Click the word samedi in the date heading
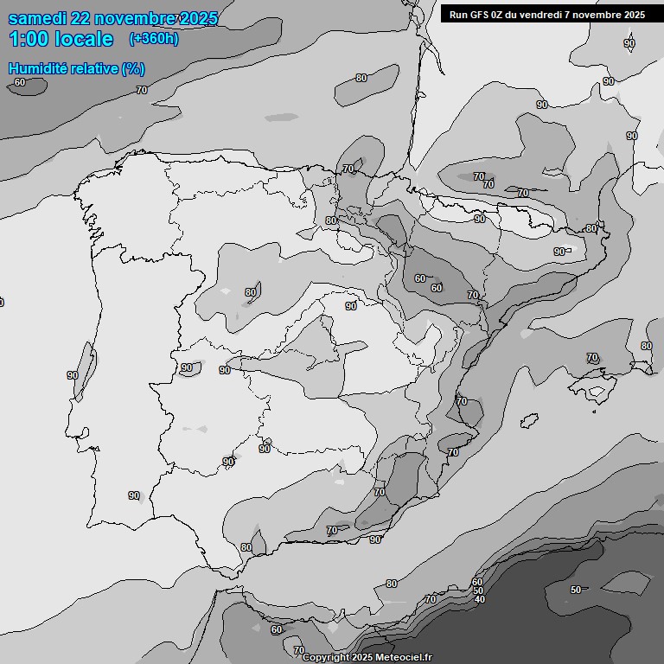[39, 18]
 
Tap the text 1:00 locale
[61, 39]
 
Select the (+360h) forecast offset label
[154, 39]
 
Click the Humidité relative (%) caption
[76, 68]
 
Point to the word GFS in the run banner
[482, 14]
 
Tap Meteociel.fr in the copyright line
[404, 658]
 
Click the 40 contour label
[480, 599]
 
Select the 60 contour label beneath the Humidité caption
[19, 83]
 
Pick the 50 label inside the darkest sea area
[576, 590]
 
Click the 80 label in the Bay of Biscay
[361, 79]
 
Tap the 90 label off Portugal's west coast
[73, 375]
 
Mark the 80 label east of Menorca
[646, 346]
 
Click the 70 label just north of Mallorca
[592, 357]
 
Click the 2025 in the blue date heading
[195, 18]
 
